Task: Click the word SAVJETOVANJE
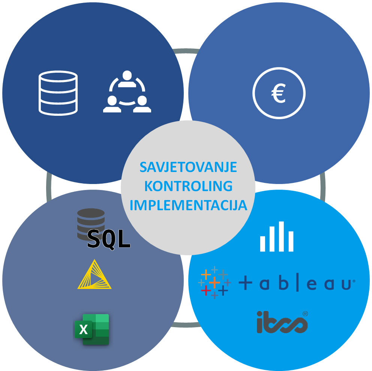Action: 188,167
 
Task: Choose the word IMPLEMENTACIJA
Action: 188,205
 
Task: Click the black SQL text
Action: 109,239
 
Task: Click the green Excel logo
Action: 92,329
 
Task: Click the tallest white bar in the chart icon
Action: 281,236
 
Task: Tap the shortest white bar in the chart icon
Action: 263,244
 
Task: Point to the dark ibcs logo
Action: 282,322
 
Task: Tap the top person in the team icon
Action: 127,77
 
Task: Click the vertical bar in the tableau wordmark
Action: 297,283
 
